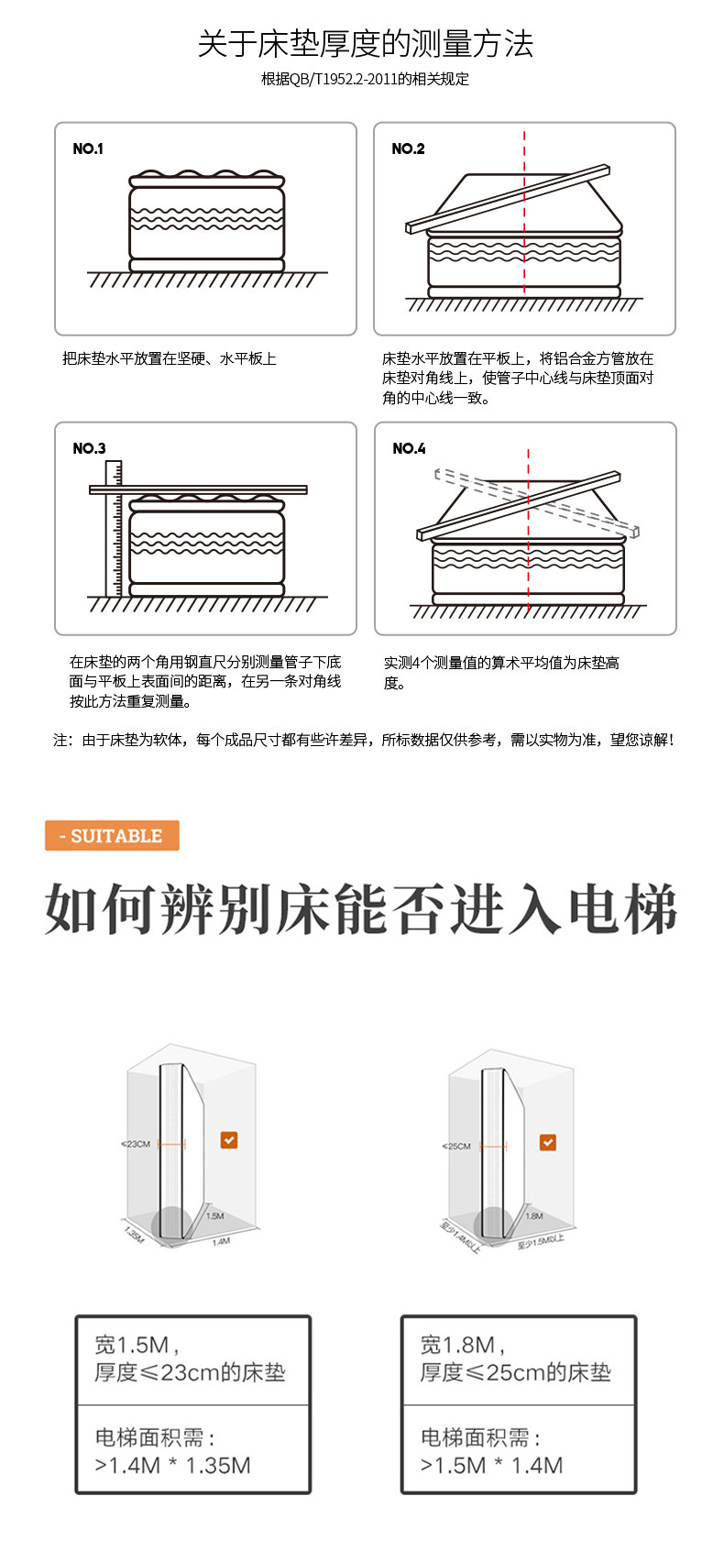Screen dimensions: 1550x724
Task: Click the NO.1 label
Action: point(88,148)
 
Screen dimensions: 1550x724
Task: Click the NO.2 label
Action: point(408,148)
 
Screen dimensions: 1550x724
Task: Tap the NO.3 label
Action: point(89,448)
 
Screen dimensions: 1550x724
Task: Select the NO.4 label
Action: point(409,448)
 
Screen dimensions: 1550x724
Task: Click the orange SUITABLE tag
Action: point(112,836)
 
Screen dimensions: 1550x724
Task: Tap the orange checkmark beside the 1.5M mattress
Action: point(229,1139)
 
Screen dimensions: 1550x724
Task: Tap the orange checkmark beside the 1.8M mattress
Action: point(547,1142)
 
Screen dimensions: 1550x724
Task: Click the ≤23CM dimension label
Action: point(136,1144)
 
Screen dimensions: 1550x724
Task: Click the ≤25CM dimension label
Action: point(456,1146)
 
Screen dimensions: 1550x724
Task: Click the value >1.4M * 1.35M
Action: point(172,1466)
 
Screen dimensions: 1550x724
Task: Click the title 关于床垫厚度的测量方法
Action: point(365,44)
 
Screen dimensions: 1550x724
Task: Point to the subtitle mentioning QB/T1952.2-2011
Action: point(365,79)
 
